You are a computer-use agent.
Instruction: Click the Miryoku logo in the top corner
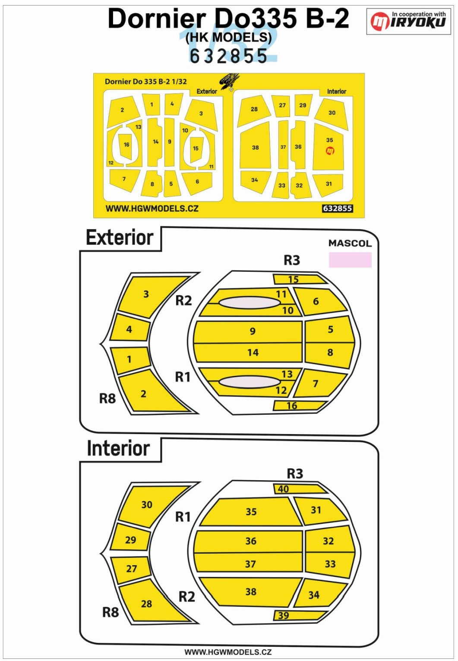coord(408,21)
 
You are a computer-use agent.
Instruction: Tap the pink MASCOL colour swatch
coord(350,260)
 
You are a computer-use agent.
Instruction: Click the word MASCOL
coord(350,243)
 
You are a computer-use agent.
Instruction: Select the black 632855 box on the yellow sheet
coord(338,208)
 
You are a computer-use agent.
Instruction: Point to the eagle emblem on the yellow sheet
coord(229,82)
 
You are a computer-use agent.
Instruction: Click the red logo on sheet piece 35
coord(329,151)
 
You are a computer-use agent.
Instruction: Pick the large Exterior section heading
coord(120,238)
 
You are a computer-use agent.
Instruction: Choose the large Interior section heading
coord(118,449)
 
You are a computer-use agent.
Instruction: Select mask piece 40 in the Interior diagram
coord(298,489)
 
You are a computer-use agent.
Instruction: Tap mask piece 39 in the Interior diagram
coord(298,615)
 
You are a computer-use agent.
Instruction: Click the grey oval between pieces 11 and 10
coord(249,303)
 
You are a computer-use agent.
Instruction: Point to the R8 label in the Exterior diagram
coord(107,398)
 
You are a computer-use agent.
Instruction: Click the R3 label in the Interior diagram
coord(295,473)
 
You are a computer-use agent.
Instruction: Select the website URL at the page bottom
coord(228,652)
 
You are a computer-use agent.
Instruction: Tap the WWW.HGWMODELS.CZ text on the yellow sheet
coord(152,208)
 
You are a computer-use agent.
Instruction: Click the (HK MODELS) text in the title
coord(228,38)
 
